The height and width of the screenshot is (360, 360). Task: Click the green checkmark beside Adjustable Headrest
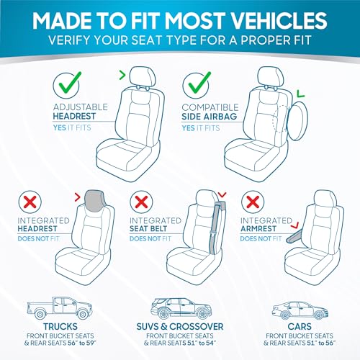click(x=70, y=83)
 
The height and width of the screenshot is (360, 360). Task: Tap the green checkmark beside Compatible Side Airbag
click(x=199, y=83)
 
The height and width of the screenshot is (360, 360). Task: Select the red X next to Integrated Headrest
click(x=30, y=202)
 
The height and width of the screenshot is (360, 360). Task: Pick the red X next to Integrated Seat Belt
click(x=141, y=202)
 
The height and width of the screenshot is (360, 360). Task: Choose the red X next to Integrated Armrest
click(x=253, y=202)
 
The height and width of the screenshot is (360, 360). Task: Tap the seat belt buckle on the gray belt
click(x=212, y=233)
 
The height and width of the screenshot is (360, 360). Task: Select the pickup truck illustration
click(x=60, y=308)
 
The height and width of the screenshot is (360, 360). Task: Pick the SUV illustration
click(x=181, y=308)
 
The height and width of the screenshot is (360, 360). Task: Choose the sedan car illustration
click(x=300, y=310)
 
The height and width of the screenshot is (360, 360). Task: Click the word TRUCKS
click(x=60, y=327)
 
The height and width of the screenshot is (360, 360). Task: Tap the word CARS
click(x=300, y=327)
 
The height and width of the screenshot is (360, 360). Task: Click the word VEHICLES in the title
click(x=279, y=21)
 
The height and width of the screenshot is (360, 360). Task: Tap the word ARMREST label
click(x=258, y=229)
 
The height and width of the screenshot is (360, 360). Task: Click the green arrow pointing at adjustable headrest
click(x=122, y=75)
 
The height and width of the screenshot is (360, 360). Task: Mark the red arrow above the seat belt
click(x=222, y=194)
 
